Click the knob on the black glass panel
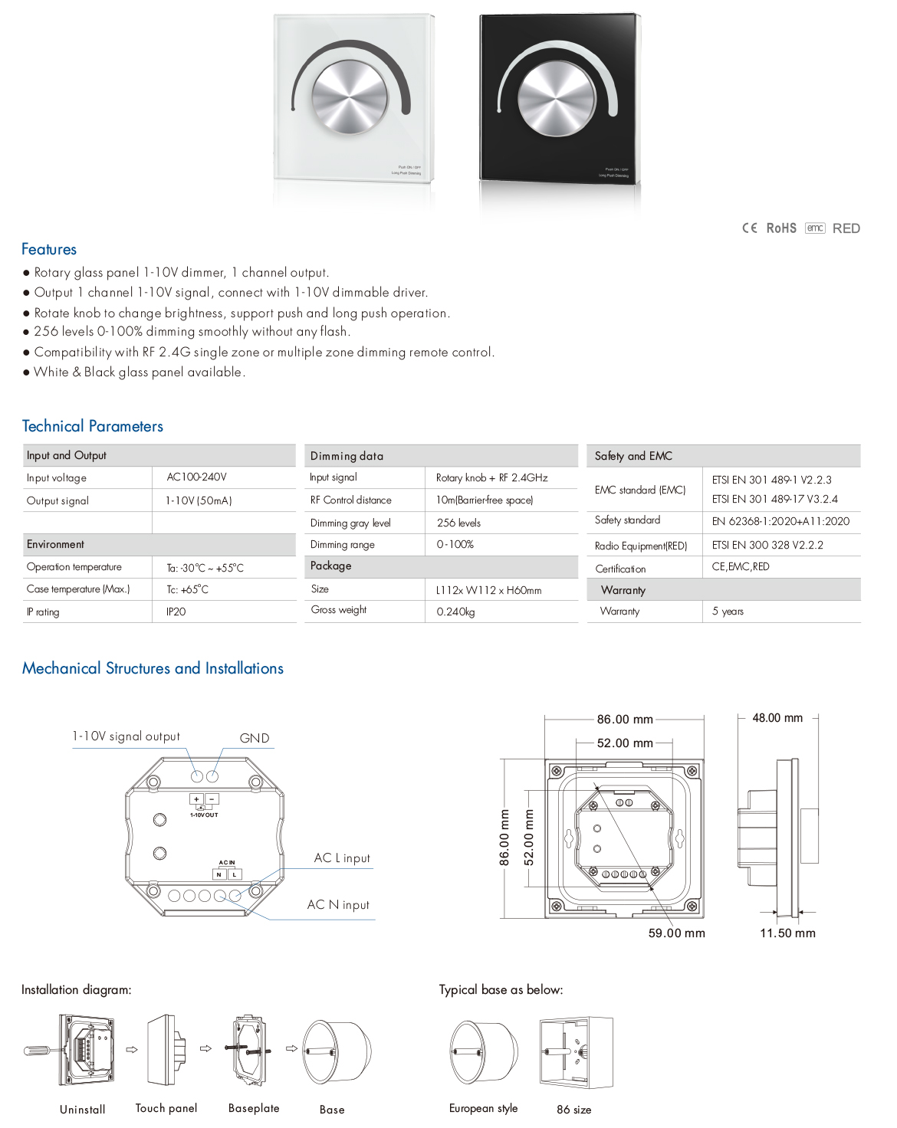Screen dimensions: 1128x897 pos(557,99)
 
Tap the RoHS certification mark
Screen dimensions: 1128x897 pos(781,228)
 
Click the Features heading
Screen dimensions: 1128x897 pos(49,249)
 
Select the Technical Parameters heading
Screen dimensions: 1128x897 pos(93,426)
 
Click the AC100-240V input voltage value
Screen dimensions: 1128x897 pos(197,477)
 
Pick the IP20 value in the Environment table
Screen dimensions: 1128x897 pos(176,612)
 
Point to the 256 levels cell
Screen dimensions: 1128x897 pos(458,523)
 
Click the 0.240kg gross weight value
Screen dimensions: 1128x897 pos(455,612)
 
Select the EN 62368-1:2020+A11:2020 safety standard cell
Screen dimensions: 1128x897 pos(780,521)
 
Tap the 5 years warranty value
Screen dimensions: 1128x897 pos(728,611)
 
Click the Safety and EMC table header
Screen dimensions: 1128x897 pos(633,456)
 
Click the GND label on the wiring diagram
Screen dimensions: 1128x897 pos(255,738)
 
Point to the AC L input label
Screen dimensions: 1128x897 pos(342,858)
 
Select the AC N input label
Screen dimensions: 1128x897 pos(338,905)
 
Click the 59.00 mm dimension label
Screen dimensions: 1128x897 pos(676,933)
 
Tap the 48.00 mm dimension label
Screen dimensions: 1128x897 pos(777,718)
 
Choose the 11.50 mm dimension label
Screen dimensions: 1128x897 pos(787,933)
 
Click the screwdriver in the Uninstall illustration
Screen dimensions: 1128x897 pos(38,1050)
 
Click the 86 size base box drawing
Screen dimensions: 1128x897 pos(576,1052)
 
